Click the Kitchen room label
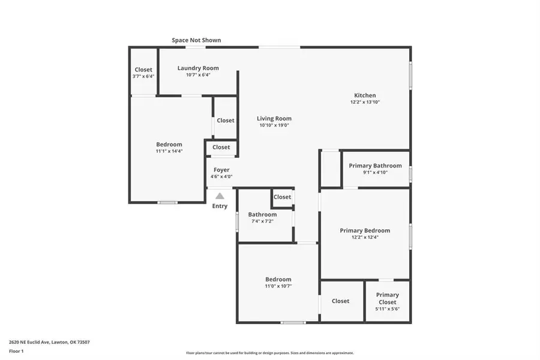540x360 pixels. [x=365, y=95]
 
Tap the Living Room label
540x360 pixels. [x=274, y=119]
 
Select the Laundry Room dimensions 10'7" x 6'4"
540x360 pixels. [x=198, y=75]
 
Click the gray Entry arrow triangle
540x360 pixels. [x=220, y=196]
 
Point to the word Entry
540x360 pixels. [x=220, y=206]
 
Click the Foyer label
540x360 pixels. [x=221, y=170]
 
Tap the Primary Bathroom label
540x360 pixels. [x=375, y=166]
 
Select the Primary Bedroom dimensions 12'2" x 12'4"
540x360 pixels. [x=365, y=237]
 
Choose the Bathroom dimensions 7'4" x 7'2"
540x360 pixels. [x=262, y=221]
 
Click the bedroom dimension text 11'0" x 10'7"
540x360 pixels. [x=278, y=286]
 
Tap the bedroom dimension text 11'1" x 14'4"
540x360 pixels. [x=169, y=151]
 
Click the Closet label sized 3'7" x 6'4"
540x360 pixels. [x=143, y=70]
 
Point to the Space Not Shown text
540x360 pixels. [x=196, y=40]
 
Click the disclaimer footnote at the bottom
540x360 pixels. [x=269, y=353]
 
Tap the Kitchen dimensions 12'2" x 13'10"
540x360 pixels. [x=365, y=102]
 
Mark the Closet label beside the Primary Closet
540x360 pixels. [x=340, y=301]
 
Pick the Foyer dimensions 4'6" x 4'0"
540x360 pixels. [x=221, y=176]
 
